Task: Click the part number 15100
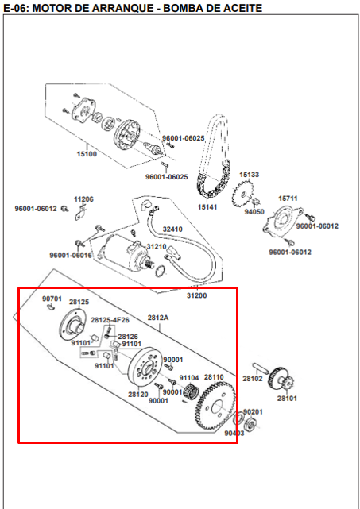[x=87, y=153]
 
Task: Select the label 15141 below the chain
[x=207, y=206]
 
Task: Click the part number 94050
[x=254, y=212]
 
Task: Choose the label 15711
[x=287, y=198]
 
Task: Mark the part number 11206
[x=83, y=199]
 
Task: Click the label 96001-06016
[x=70, y=255]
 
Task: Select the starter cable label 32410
[x=172, y=229]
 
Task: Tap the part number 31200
[x=196, y=295]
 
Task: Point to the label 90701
[x=52, y=299]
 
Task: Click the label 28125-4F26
[x=110, y=319]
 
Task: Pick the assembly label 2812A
[x=158, y=317]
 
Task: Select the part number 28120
[x=138, y=394]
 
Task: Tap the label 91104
[x=188, y=378]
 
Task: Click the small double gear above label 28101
[x=278, y=376]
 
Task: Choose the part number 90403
[x=234, y=434]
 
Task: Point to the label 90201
[x=253, y=411]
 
